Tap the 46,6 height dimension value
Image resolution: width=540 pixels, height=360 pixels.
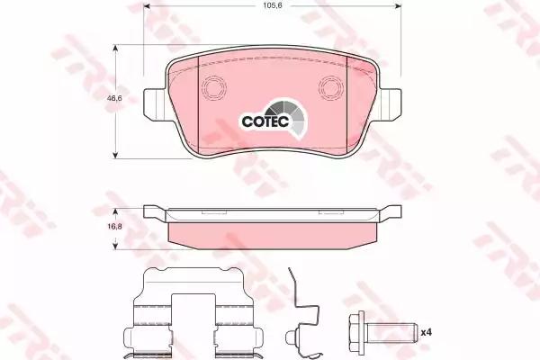pyautogui.click(x=114, y=98)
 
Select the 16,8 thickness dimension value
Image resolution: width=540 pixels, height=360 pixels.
pyautogui.click(x=115, y=227)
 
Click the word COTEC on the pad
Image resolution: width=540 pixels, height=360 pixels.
pyautogui.click(x=265, y=121)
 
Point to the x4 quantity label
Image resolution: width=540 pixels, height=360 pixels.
pyautogui.click(x=427, y=332)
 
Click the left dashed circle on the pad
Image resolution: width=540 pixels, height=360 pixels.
pyautogui.click(x=213, y=88)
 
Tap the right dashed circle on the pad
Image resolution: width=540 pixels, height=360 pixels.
pyautogui.click(x=331, y=88)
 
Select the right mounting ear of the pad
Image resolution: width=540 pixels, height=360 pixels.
pyautogui.click(x=390, y=104)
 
